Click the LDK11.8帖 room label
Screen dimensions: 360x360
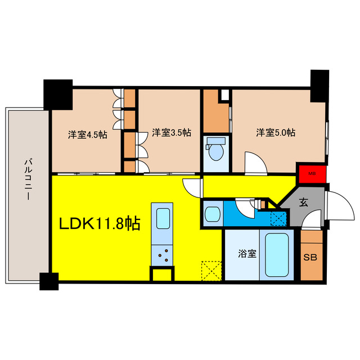[101, 224]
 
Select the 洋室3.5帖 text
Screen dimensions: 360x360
[171, 133]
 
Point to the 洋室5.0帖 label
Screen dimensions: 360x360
[276, 133]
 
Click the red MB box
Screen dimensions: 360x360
[311, 173]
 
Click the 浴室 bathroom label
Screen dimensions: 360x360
[248, 254]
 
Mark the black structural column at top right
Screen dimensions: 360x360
[319, 85]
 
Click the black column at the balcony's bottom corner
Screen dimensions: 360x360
[49, 280]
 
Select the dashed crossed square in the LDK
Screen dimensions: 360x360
[212, 271]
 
